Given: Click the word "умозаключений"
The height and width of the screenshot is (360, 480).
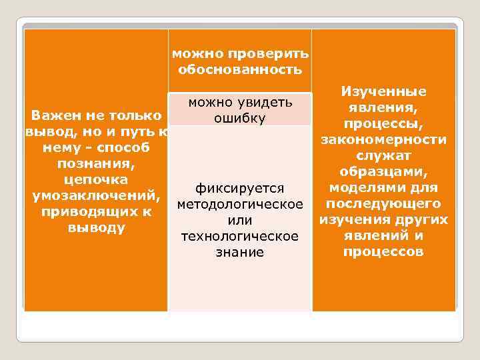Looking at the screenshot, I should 93,196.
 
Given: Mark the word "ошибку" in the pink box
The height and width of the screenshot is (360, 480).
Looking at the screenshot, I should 240,118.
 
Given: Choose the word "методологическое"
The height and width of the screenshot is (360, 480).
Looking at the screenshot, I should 240,204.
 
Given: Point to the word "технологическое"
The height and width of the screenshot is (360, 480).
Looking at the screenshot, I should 240,237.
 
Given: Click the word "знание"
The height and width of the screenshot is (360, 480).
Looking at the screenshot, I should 240,253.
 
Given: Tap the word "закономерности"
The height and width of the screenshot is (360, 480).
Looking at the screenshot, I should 383,140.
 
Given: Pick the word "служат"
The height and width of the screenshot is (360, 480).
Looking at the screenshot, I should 383,156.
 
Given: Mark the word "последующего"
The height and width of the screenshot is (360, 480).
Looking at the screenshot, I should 383,204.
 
